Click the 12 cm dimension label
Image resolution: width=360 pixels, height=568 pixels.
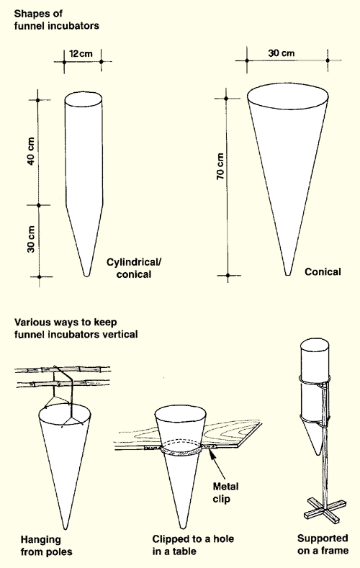pyautogui.click(x=81, y=53)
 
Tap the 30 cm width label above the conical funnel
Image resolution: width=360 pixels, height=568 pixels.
pyautogui.click(x=282, y=53)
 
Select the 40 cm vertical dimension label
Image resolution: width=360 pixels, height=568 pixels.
pyautogui.click(x=31, y=151)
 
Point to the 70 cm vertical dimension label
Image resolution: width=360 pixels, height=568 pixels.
pyautogui.click(x=220, y=166)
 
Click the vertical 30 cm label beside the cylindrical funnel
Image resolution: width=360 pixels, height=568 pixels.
pyautogui.click(x=31, y=240)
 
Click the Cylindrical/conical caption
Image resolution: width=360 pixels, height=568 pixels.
pyautogui.click(x=134, y=268)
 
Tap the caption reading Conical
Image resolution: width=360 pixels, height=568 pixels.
pyautogui.click(x=323, y=271)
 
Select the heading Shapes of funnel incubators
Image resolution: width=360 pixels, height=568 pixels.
pyautogui.click(x=56, y=19)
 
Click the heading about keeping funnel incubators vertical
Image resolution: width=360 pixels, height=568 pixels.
pyautogui.click(x=76, y=328)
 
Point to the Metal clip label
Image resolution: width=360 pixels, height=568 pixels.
pyautogui.click(x=225, y=492)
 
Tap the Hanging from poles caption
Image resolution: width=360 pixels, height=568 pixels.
pyautogui.click(x=46, y=546)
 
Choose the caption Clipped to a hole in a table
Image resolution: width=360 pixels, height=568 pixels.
pyautogui.click(x=193, y=545)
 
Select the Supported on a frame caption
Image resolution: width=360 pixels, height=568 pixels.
pyautogui.click(x=323, y=544)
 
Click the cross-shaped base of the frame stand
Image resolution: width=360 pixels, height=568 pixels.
pyautogui.click(x=325, y=508)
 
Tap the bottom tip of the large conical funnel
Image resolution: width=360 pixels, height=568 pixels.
pyautogui.click(x=288, y=274)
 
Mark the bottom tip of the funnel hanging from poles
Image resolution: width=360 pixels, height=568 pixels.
pyautogui.click(x=66, y=528)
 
